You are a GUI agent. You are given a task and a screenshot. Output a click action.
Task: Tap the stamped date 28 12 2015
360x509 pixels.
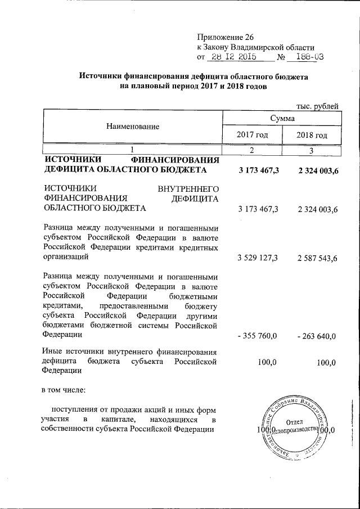click(232, 57)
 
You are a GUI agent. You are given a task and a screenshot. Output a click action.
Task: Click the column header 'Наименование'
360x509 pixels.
click(133, 127)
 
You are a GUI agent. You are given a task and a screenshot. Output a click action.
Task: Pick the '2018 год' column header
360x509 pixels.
click(312, 136)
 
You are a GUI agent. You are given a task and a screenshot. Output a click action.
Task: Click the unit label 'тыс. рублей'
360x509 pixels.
click(317, 105)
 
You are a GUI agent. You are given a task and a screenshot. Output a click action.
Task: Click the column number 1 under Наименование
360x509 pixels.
click(133, 150)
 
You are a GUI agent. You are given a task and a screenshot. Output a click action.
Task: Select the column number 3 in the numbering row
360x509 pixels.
click(312, 150)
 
